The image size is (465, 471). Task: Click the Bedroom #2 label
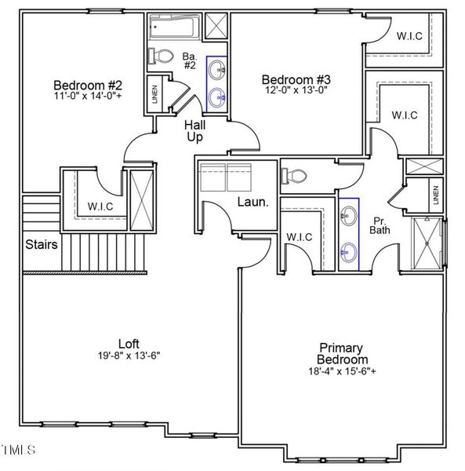click(87, 85)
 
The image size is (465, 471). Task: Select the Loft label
click(129, 343)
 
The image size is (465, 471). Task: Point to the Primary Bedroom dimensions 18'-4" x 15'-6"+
click(341, 371)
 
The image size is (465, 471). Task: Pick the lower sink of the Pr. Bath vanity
click(349, 252)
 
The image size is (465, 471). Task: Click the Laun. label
click(254, 203)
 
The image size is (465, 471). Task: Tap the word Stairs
click(41, 244)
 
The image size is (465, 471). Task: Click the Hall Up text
click(194, 131)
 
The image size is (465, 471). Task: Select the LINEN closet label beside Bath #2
click(155, 94)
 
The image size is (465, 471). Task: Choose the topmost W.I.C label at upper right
click(410, 35)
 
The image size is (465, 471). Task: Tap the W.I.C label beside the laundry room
click(300, 235)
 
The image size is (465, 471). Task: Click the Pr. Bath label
click(380, 225)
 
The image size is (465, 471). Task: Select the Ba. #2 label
click(189, 60)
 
